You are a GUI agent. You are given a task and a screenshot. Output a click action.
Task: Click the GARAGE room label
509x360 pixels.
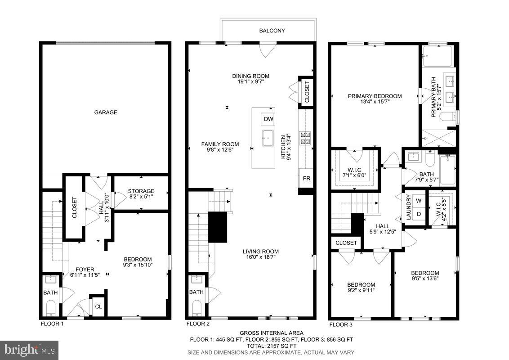[x=106, y=112]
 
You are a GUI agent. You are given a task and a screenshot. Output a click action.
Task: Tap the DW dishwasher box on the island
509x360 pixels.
[x=268, y=119]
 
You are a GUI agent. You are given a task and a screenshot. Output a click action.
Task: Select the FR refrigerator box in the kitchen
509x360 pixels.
[x=306, y=179]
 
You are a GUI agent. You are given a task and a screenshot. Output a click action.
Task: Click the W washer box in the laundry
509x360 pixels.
[x=418, y=201]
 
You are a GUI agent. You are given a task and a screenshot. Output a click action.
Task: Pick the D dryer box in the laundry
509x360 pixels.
[x=418, y=214]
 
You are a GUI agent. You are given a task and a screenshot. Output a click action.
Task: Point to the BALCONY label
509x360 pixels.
[x=272, y=31]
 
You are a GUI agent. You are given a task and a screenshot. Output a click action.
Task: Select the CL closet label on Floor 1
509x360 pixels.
[x=98, y=307]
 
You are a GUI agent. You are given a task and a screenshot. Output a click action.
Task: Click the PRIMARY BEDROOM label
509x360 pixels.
[x=375, y=96]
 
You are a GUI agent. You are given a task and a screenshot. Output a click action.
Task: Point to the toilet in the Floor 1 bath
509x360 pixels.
[x=51, y=308]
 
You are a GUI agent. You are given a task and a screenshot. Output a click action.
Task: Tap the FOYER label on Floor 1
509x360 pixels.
[x=85, y=270]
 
